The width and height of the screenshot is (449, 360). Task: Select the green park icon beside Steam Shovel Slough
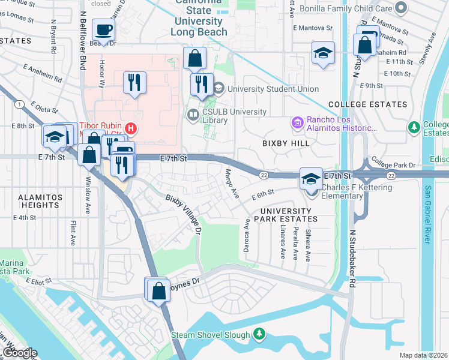tap(259, 333)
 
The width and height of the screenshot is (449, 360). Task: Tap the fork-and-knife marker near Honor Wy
tap(134, 82)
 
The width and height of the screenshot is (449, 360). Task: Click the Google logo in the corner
tap(19, 353)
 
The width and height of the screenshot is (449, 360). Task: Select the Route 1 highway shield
tap(21, 104)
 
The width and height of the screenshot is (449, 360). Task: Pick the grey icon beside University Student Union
tap(218, 89)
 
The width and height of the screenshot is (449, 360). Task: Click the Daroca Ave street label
tap(246, 235)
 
